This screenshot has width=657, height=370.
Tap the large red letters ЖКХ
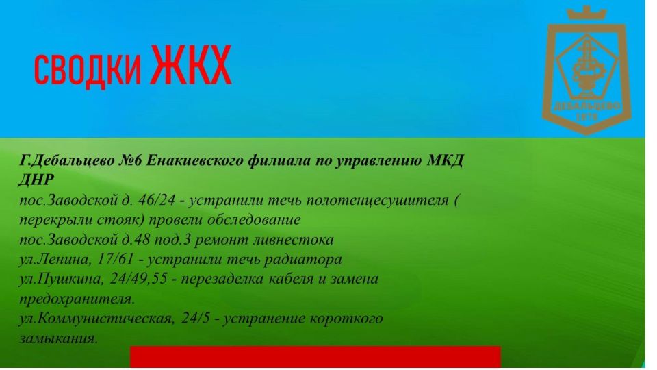click(x=192, y=65)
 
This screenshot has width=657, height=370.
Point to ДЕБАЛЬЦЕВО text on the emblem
click(x=587, y=106)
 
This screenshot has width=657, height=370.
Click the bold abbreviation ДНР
click(x=36, y=180)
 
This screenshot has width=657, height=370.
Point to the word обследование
click(x=255, y=220)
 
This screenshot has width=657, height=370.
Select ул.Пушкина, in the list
click(x=61, y=280)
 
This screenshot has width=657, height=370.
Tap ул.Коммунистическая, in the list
click(x=97, y=319)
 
